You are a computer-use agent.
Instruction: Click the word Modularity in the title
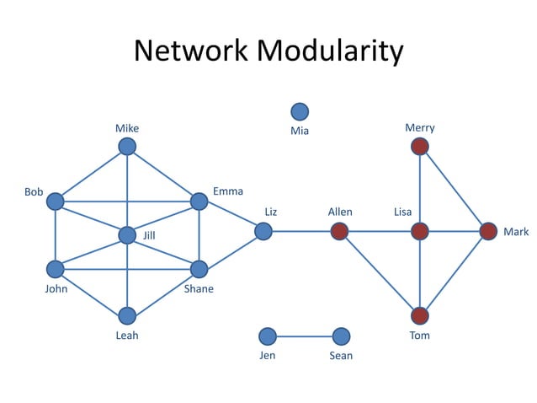330,51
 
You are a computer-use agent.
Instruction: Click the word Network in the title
193,51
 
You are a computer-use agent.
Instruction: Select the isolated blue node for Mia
299,111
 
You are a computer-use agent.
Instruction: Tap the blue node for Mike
127,147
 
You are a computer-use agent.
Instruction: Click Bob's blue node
56,201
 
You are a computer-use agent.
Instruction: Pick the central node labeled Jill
127,235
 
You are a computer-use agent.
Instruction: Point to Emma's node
199,201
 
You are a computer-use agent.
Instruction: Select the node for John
56,269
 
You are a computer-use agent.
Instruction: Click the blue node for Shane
199,269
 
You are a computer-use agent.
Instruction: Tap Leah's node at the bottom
127,315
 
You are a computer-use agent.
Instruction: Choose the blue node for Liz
263,231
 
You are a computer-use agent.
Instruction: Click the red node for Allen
340,231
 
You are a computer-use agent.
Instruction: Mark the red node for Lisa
420,231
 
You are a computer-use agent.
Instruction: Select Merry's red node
420,147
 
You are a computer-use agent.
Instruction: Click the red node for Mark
488,231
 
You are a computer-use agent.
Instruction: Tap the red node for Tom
420,315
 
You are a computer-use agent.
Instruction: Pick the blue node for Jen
268,336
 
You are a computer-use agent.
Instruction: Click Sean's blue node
341,336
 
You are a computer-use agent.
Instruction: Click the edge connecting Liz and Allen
301,231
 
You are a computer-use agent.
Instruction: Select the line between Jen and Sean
304,336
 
